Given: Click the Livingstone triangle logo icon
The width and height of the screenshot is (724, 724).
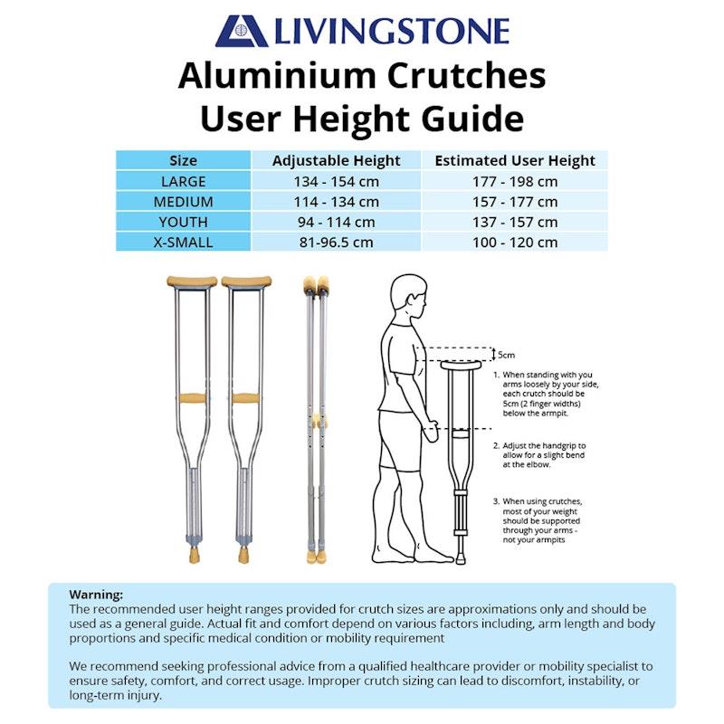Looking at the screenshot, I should (x=241, y=31).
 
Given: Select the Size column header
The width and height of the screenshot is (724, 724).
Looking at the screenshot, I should (x=183, y=161).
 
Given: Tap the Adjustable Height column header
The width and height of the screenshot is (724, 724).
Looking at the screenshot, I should (x=336, y=161).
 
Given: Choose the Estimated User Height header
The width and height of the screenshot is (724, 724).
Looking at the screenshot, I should (x=515, y=161).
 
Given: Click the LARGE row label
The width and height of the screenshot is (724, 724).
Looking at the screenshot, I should (x=183, y=181).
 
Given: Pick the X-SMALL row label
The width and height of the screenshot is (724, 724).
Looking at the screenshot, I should (x=183, y=242).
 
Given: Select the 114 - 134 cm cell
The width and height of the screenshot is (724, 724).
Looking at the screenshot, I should (x=336, y=202).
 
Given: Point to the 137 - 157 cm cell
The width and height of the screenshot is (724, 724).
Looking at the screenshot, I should (x=515, y=222).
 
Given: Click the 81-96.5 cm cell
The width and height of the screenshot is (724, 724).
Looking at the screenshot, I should (x=336, y=242).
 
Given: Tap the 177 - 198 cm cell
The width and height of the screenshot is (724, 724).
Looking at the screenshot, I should (x=515, y=181).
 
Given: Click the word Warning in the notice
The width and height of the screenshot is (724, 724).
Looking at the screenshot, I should (x=96, y=595).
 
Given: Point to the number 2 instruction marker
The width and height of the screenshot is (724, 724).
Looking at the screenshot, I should (x=496, y=446).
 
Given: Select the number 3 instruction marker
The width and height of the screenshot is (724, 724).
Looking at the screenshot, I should (x=496, y=500).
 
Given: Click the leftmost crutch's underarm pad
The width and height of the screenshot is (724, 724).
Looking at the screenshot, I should (x=192, y=281).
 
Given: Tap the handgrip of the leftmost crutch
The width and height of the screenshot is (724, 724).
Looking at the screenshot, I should (x=192, y=398).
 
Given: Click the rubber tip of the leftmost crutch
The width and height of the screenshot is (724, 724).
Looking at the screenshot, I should (x=194, y=552).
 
